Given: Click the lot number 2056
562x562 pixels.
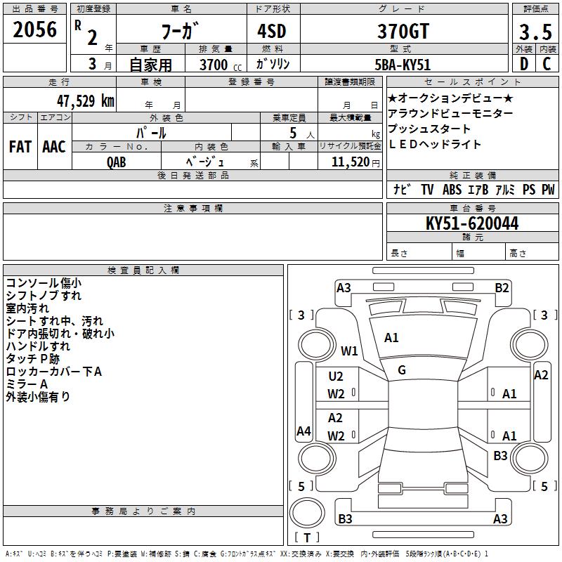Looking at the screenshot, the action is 35,30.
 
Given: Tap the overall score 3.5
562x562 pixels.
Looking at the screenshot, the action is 533,31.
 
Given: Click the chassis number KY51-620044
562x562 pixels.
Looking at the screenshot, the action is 472,223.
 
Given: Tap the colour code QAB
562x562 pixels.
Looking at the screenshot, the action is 117,161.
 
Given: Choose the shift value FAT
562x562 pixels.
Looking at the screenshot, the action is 20,146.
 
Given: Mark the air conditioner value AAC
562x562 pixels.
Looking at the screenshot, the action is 53,146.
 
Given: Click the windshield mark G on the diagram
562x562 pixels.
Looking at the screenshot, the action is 402,370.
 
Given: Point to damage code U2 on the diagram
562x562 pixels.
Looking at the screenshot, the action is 336,377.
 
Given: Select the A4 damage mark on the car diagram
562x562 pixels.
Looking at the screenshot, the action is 303,431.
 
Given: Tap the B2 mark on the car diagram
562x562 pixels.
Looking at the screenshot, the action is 502,287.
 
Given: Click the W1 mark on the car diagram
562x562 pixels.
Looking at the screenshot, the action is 349,351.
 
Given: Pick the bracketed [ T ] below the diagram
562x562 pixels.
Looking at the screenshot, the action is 307,537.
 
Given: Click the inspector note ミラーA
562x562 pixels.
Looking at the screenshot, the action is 27,384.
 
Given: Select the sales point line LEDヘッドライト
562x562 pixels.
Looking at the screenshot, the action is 435,144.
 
